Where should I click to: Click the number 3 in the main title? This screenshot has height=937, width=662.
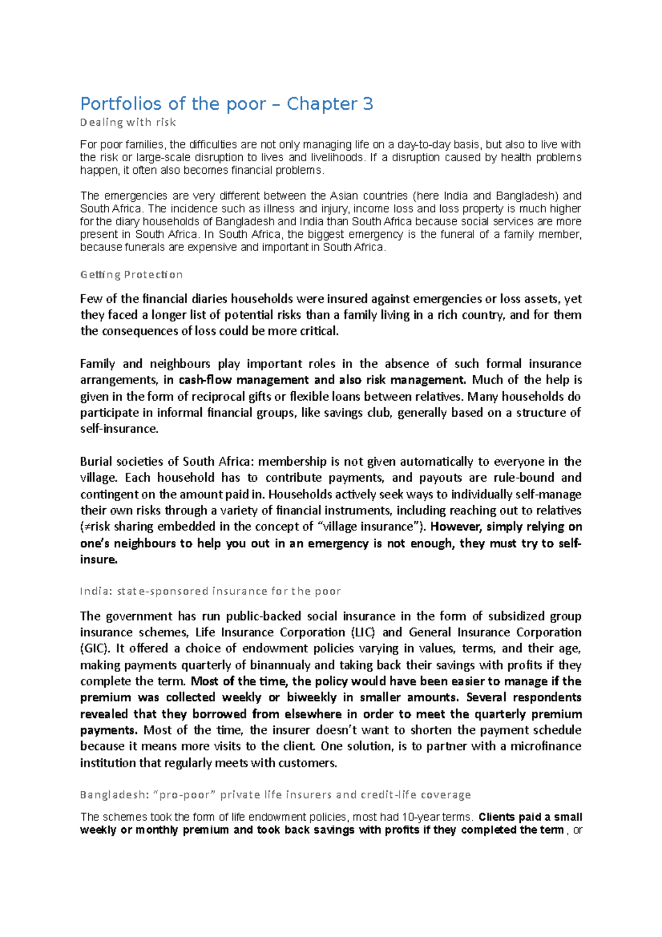click(368, 104)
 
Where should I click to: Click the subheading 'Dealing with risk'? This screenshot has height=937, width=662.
click(128, 122)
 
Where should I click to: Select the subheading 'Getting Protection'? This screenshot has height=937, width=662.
click(131, 275)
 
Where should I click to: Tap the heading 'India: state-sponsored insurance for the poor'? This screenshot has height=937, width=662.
click(210, 591)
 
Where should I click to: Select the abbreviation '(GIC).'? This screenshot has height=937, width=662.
click(94, 648)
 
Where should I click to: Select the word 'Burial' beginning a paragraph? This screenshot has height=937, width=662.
click(98, 461)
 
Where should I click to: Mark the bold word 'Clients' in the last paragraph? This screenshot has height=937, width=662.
click(499, 817)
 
